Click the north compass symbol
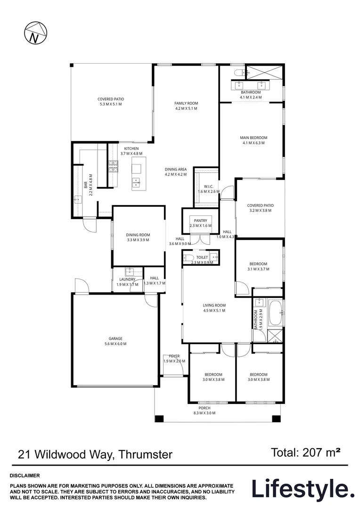click(x=34, y=33)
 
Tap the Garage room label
click(x=115, y=338)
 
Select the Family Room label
click(x=186, y=103)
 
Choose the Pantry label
click(x=200, y=221)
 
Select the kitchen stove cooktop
click(x=113, y=167)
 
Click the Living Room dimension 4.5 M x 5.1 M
click(x=214, y=311)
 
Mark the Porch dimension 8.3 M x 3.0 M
click(x=204, y=413)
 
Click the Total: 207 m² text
click(x=306, y=453)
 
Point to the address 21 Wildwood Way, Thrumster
click(x=95, y=455)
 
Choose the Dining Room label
click(x=138, y=235)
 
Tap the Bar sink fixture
click(x=77, y=200)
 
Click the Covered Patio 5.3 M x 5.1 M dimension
click(x=110, y=104)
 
